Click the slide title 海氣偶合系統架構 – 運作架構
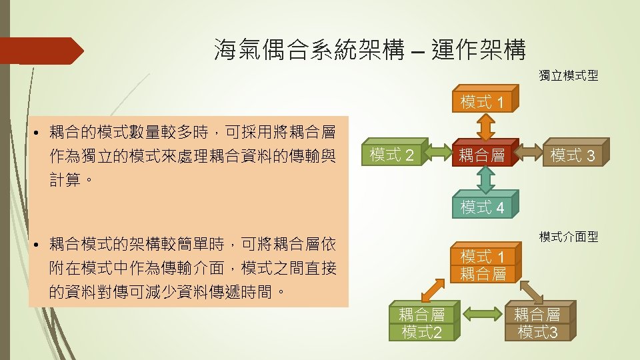click(370, 50)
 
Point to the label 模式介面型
click(568, 237)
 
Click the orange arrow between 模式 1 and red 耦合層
click(485, 126)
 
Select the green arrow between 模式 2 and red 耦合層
click(437, 156)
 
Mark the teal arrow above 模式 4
click(485, 180)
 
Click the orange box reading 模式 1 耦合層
click(484, 265)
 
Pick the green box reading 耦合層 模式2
click(421, 323)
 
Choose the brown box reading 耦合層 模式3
click(537, 323)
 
